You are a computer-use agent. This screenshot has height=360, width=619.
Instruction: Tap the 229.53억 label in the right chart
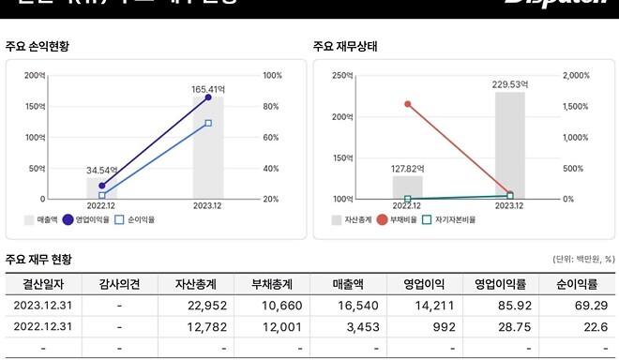510,83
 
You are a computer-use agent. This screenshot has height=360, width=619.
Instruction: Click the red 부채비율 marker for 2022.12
408,104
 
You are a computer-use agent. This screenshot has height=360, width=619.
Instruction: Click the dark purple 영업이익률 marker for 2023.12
208,97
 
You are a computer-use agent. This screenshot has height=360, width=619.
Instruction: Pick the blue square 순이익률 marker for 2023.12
208,123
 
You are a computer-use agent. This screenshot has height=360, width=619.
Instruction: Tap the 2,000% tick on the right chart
574,75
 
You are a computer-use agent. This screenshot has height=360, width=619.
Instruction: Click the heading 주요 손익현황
37,45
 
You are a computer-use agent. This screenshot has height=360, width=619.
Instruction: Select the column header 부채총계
271,284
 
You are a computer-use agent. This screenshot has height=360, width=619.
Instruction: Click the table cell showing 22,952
194,306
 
